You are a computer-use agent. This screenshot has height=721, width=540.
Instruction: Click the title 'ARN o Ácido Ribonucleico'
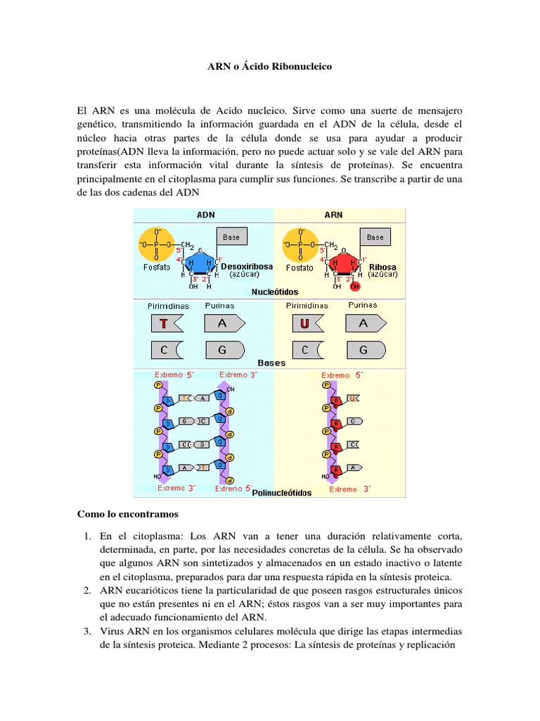[x=269, y=67]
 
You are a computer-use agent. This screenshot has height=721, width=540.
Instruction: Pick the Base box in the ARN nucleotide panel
[x=375, y=237]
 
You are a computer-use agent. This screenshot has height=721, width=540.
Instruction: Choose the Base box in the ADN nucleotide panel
[x=231, y=237]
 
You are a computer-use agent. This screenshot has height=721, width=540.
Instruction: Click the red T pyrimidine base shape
[x=166, y=324]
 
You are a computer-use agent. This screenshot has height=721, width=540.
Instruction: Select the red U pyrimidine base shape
[x=307, y=324]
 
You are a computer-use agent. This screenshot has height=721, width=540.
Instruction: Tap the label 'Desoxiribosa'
[x=243, y=267]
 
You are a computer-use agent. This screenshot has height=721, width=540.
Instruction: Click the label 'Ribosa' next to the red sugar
[x=382, y=267]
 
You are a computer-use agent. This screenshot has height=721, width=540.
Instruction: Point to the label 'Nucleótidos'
[x=275, y=291]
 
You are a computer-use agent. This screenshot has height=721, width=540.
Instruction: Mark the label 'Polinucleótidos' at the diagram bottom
[x=281, y=493]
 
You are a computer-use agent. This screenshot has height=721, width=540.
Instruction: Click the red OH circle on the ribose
[x=355, y=287]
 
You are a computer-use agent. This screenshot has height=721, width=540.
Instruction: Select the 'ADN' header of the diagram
[x=205, y=215]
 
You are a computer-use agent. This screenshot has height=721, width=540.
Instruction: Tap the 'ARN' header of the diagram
[x=333, y=215]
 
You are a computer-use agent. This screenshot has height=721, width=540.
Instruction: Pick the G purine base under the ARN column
[x=365, y=350]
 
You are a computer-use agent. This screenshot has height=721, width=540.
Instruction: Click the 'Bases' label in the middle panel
[x=271, y=363]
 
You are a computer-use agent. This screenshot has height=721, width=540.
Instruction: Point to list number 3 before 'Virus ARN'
[x=86, y=631]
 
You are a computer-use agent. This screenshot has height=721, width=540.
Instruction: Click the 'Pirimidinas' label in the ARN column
[x=307, y=306]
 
